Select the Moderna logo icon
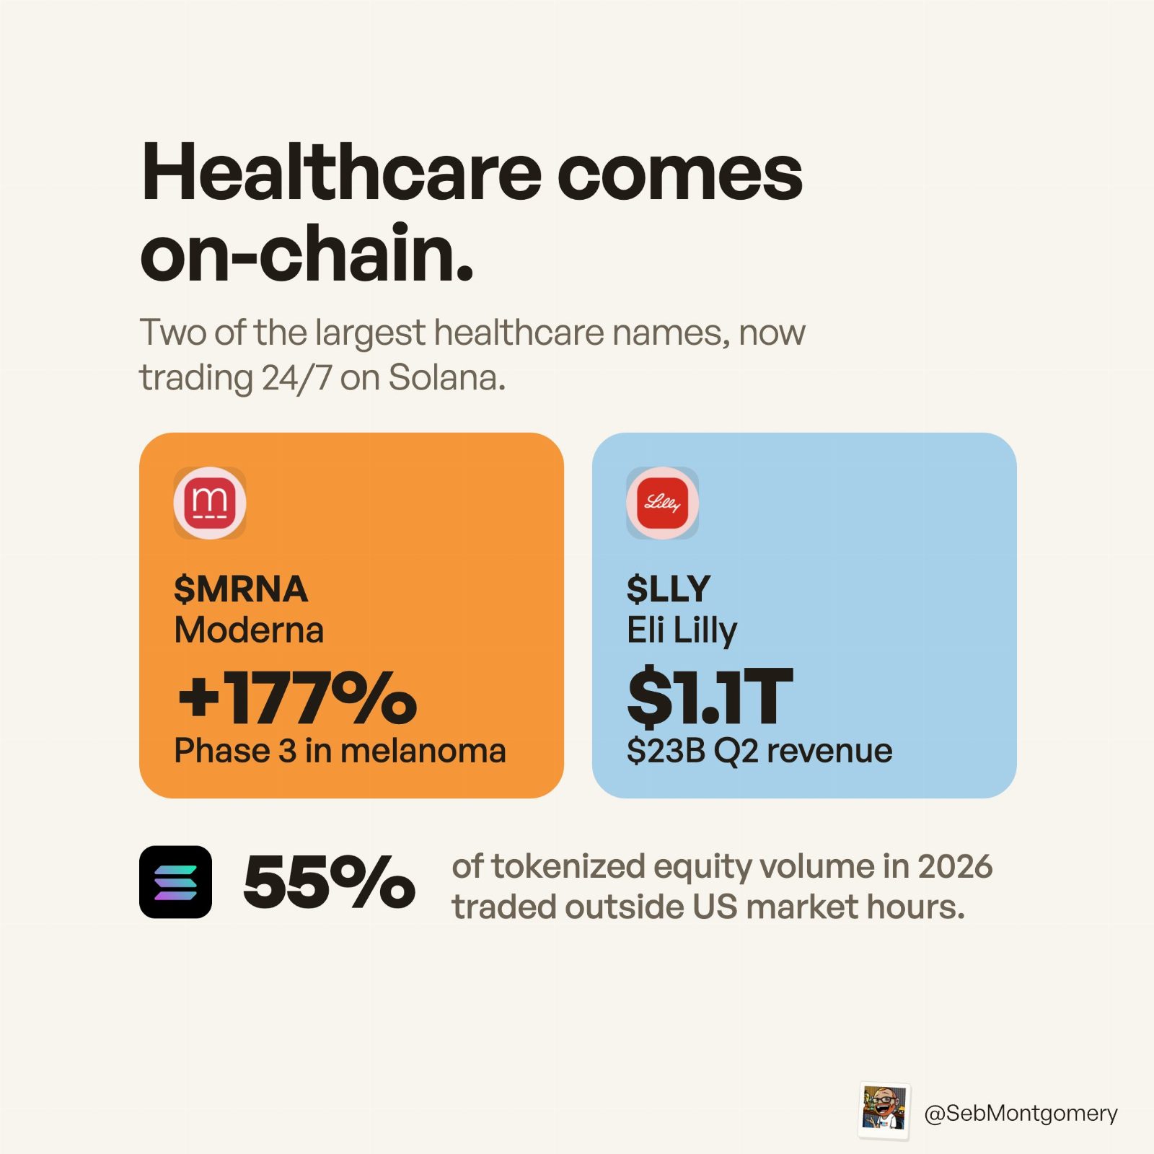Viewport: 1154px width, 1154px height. tap(210, 503)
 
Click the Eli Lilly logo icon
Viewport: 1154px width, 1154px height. tap(662, 503)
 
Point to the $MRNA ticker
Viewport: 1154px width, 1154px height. tap(241, 589)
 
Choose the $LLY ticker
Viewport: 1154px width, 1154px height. tap(669, 589)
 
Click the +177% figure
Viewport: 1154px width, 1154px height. tap(297, 697)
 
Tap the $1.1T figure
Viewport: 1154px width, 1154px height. tap(710, 697)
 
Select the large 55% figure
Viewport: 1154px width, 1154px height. tap(330, 881)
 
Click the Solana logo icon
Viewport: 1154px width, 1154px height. tap(175, 881)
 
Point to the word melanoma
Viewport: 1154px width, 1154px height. tap(423, 751)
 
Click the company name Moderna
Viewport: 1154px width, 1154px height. tap(249, 630)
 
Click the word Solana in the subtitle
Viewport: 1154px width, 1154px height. tap(447, 378)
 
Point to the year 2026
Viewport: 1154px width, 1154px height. tap(955, 866)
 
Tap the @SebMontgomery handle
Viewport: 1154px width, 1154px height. tap(1021, 1113)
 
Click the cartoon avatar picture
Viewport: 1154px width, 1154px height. tap(884, 1111)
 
